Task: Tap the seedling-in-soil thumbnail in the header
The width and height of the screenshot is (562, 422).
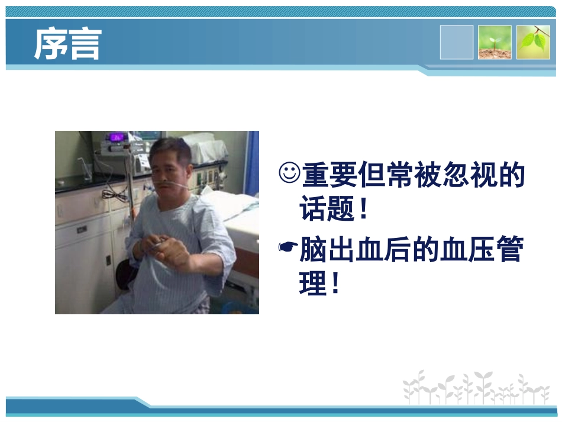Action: point(495,42)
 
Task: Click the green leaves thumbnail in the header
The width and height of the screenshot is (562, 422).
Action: point(533,42)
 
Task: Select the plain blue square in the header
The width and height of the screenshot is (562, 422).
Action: point(456,42)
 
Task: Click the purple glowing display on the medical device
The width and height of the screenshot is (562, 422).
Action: point(118,138)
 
